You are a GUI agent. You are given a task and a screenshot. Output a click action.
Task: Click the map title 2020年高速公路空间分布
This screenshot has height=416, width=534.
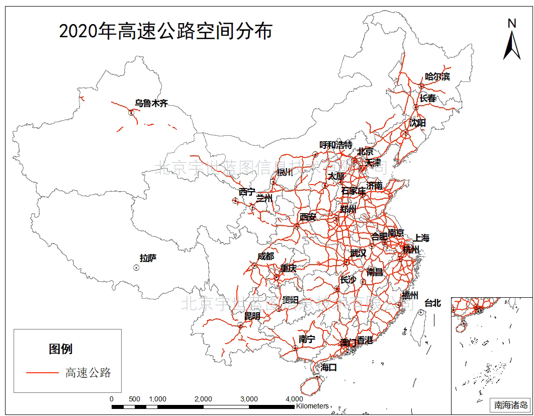(165, 31)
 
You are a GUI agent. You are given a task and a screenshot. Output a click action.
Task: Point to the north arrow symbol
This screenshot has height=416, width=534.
(512, 40)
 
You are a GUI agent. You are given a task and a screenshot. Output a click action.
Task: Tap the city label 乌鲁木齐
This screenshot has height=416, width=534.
(151, 104)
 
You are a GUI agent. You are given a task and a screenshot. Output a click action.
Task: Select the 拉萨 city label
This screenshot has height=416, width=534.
(148, 258)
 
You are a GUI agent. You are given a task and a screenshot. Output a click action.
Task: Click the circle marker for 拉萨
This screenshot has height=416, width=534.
(136, 268)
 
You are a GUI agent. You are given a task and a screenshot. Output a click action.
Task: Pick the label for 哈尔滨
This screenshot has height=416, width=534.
(437, 76)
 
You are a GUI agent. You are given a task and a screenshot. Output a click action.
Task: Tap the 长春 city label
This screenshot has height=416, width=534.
(428, 99)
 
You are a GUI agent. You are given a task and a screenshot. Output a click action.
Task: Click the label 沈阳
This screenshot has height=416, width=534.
(417, 122)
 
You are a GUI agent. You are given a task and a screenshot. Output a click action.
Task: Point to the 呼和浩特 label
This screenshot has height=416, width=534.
(336, 145)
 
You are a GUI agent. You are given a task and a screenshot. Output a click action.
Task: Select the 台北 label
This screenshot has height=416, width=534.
(432, 303)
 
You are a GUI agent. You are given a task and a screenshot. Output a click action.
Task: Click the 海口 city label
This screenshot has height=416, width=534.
(328, 368)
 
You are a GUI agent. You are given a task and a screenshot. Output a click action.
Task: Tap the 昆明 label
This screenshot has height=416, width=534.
(252, 316)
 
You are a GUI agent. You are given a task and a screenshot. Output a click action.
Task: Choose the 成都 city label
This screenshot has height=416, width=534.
(265, 256)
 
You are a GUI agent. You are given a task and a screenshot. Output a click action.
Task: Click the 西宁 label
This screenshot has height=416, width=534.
(247, 192)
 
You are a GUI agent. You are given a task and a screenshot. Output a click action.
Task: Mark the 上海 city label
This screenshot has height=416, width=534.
(421, 238)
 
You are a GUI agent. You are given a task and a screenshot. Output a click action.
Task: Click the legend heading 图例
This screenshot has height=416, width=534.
(60, 349)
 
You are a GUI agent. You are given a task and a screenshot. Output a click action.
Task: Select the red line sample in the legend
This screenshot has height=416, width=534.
(42, 373)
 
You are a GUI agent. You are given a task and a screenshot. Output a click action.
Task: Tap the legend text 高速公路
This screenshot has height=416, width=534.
(88, 373)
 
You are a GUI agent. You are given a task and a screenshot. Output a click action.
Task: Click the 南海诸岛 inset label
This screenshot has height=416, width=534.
(511, 404)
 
